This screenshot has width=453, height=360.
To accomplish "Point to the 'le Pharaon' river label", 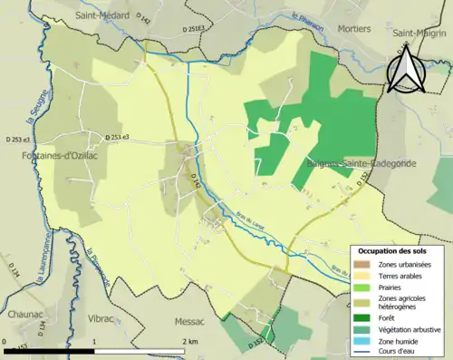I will point(307,19).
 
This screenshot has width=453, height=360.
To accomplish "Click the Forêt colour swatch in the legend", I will point(361,317).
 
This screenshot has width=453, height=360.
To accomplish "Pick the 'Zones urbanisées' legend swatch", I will point(361,264).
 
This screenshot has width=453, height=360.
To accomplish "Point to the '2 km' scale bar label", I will point(189,341).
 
